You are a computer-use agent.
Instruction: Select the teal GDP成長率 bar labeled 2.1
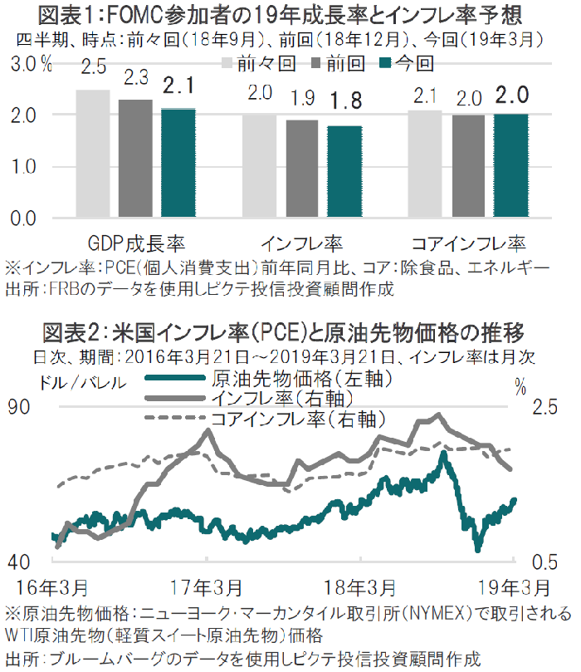pos(178,163)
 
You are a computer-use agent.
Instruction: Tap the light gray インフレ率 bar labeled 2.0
pos(259,166)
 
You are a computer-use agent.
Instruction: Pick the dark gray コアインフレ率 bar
pos(470,166)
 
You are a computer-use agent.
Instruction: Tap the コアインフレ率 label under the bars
pos(470,244)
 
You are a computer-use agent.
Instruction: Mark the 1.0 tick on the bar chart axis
pos(29,166)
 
